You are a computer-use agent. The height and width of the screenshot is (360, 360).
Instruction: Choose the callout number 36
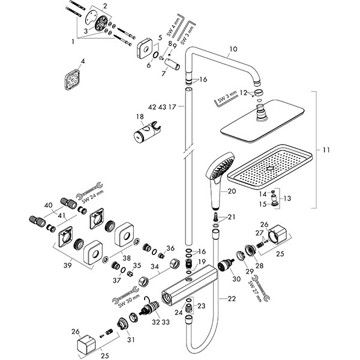pos(170,249)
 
